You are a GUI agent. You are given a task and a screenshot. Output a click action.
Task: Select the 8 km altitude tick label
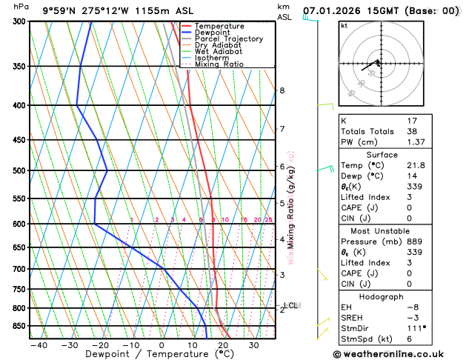pyautogui.click(x=282, y=90)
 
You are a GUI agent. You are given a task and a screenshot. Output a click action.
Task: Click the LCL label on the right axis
pyautogui.click(x=290, y=304)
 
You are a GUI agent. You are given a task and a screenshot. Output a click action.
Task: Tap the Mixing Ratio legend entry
pyautogui.click(x=219, y=64)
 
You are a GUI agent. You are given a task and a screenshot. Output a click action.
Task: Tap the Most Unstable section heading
pyautogui.click(x=397, y=231)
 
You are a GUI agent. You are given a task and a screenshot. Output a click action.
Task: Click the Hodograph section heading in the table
pyautogui.click(x=397, y=296)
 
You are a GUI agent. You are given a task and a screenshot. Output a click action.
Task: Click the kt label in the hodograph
pyautogui.click(x=344, y=25)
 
